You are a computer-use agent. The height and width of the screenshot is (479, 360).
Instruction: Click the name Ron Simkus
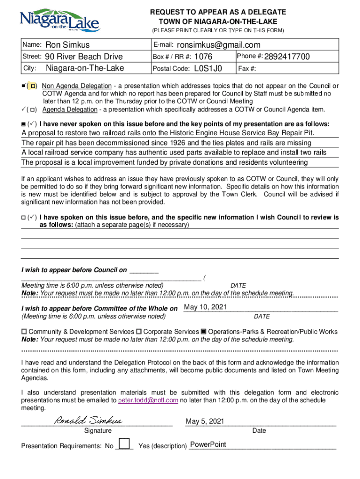pyautogui.click(x=67, y=45)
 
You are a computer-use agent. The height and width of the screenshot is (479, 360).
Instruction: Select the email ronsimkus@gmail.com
pyautogui.click(x=218, y=45)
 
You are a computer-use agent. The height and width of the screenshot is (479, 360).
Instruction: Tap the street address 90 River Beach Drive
pyautogui.click(x=84, y=57)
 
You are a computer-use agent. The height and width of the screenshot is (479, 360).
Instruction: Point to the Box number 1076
pyautogui.click(x=203, y=57)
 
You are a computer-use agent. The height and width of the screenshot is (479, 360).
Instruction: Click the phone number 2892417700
pyautogui.click(x=287, y=57)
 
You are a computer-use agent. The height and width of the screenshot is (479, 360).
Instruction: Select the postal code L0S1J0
pyautogui.click(x=208, y=69)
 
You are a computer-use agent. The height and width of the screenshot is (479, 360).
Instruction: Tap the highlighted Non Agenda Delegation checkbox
pyautogui.click(x=33, y=87)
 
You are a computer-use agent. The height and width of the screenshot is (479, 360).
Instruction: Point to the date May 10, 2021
pyautogui.click(x=206, y=307)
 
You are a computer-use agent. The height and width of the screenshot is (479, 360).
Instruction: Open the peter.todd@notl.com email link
pyautogui.click(x=148, y=400)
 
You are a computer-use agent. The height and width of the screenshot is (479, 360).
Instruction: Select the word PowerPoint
pyautogui.click(x=208, y=444)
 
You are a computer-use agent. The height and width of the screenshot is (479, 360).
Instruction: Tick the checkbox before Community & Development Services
pyautogui.click(x=24, y=332)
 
